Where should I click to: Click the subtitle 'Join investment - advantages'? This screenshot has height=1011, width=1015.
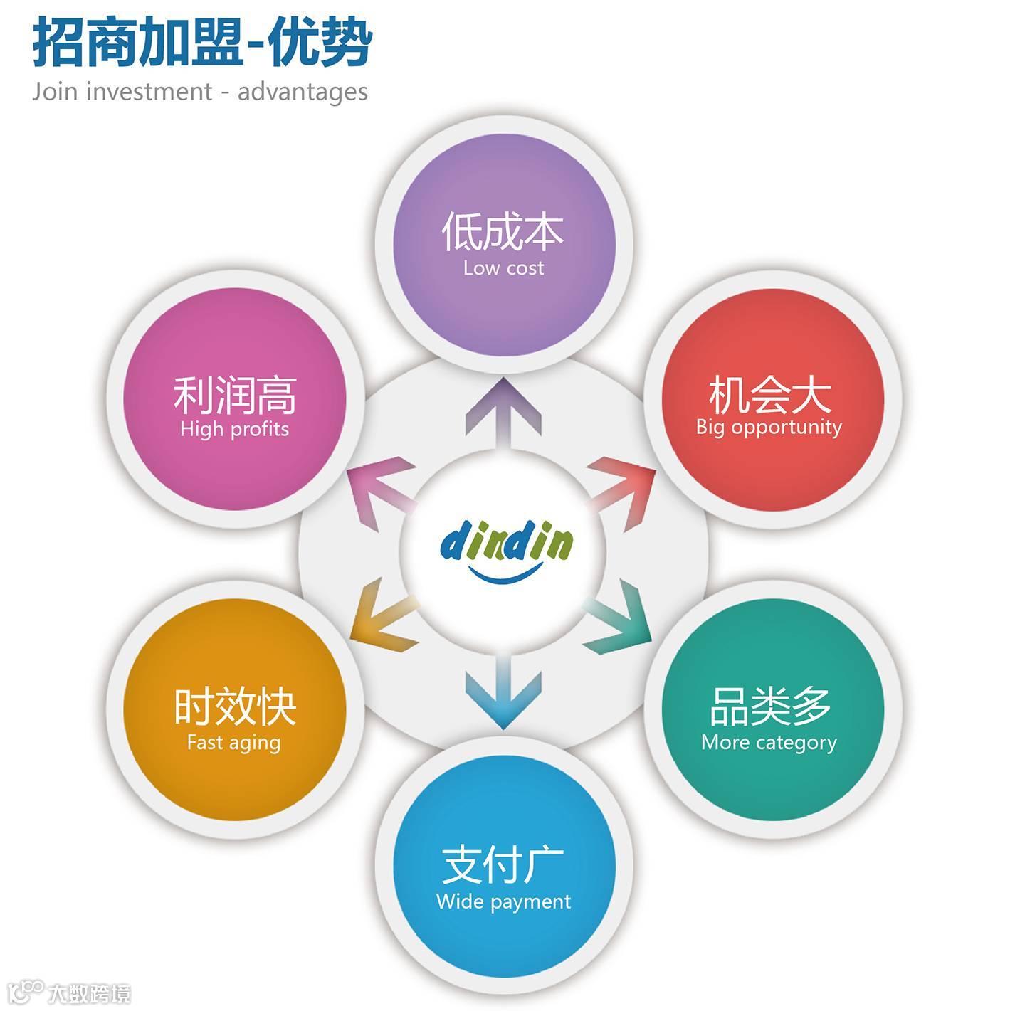coord(200,92)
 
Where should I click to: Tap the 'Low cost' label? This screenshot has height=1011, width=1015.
coord(503,268)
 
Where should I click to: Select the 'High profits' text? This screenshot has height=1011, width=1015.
coord(234,429)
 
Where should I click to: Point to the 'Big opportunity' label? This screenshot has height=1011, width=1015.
coord(769,427)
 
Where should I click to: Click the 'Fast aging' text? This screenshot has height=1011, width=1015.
coord(233,743)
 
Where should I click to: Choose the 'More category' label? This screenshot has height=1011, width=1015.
coord(769,743)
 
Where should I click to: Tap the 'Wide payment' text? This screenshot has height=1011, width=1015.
coord(503,901)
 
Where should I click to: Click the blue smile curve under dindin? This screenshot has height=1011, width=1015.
coord(505,573)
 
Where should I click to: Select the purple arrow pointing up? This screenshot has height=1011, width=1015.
coord(503,413)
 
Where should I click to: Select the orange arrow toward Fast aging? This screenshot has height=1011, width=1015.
coord(385,619)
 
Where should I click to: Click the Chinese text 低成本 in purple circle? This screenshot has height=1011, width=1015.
coord(503,232)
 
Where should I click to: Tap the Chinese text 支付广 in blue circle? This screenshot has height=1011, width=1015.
coord(503,864)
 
